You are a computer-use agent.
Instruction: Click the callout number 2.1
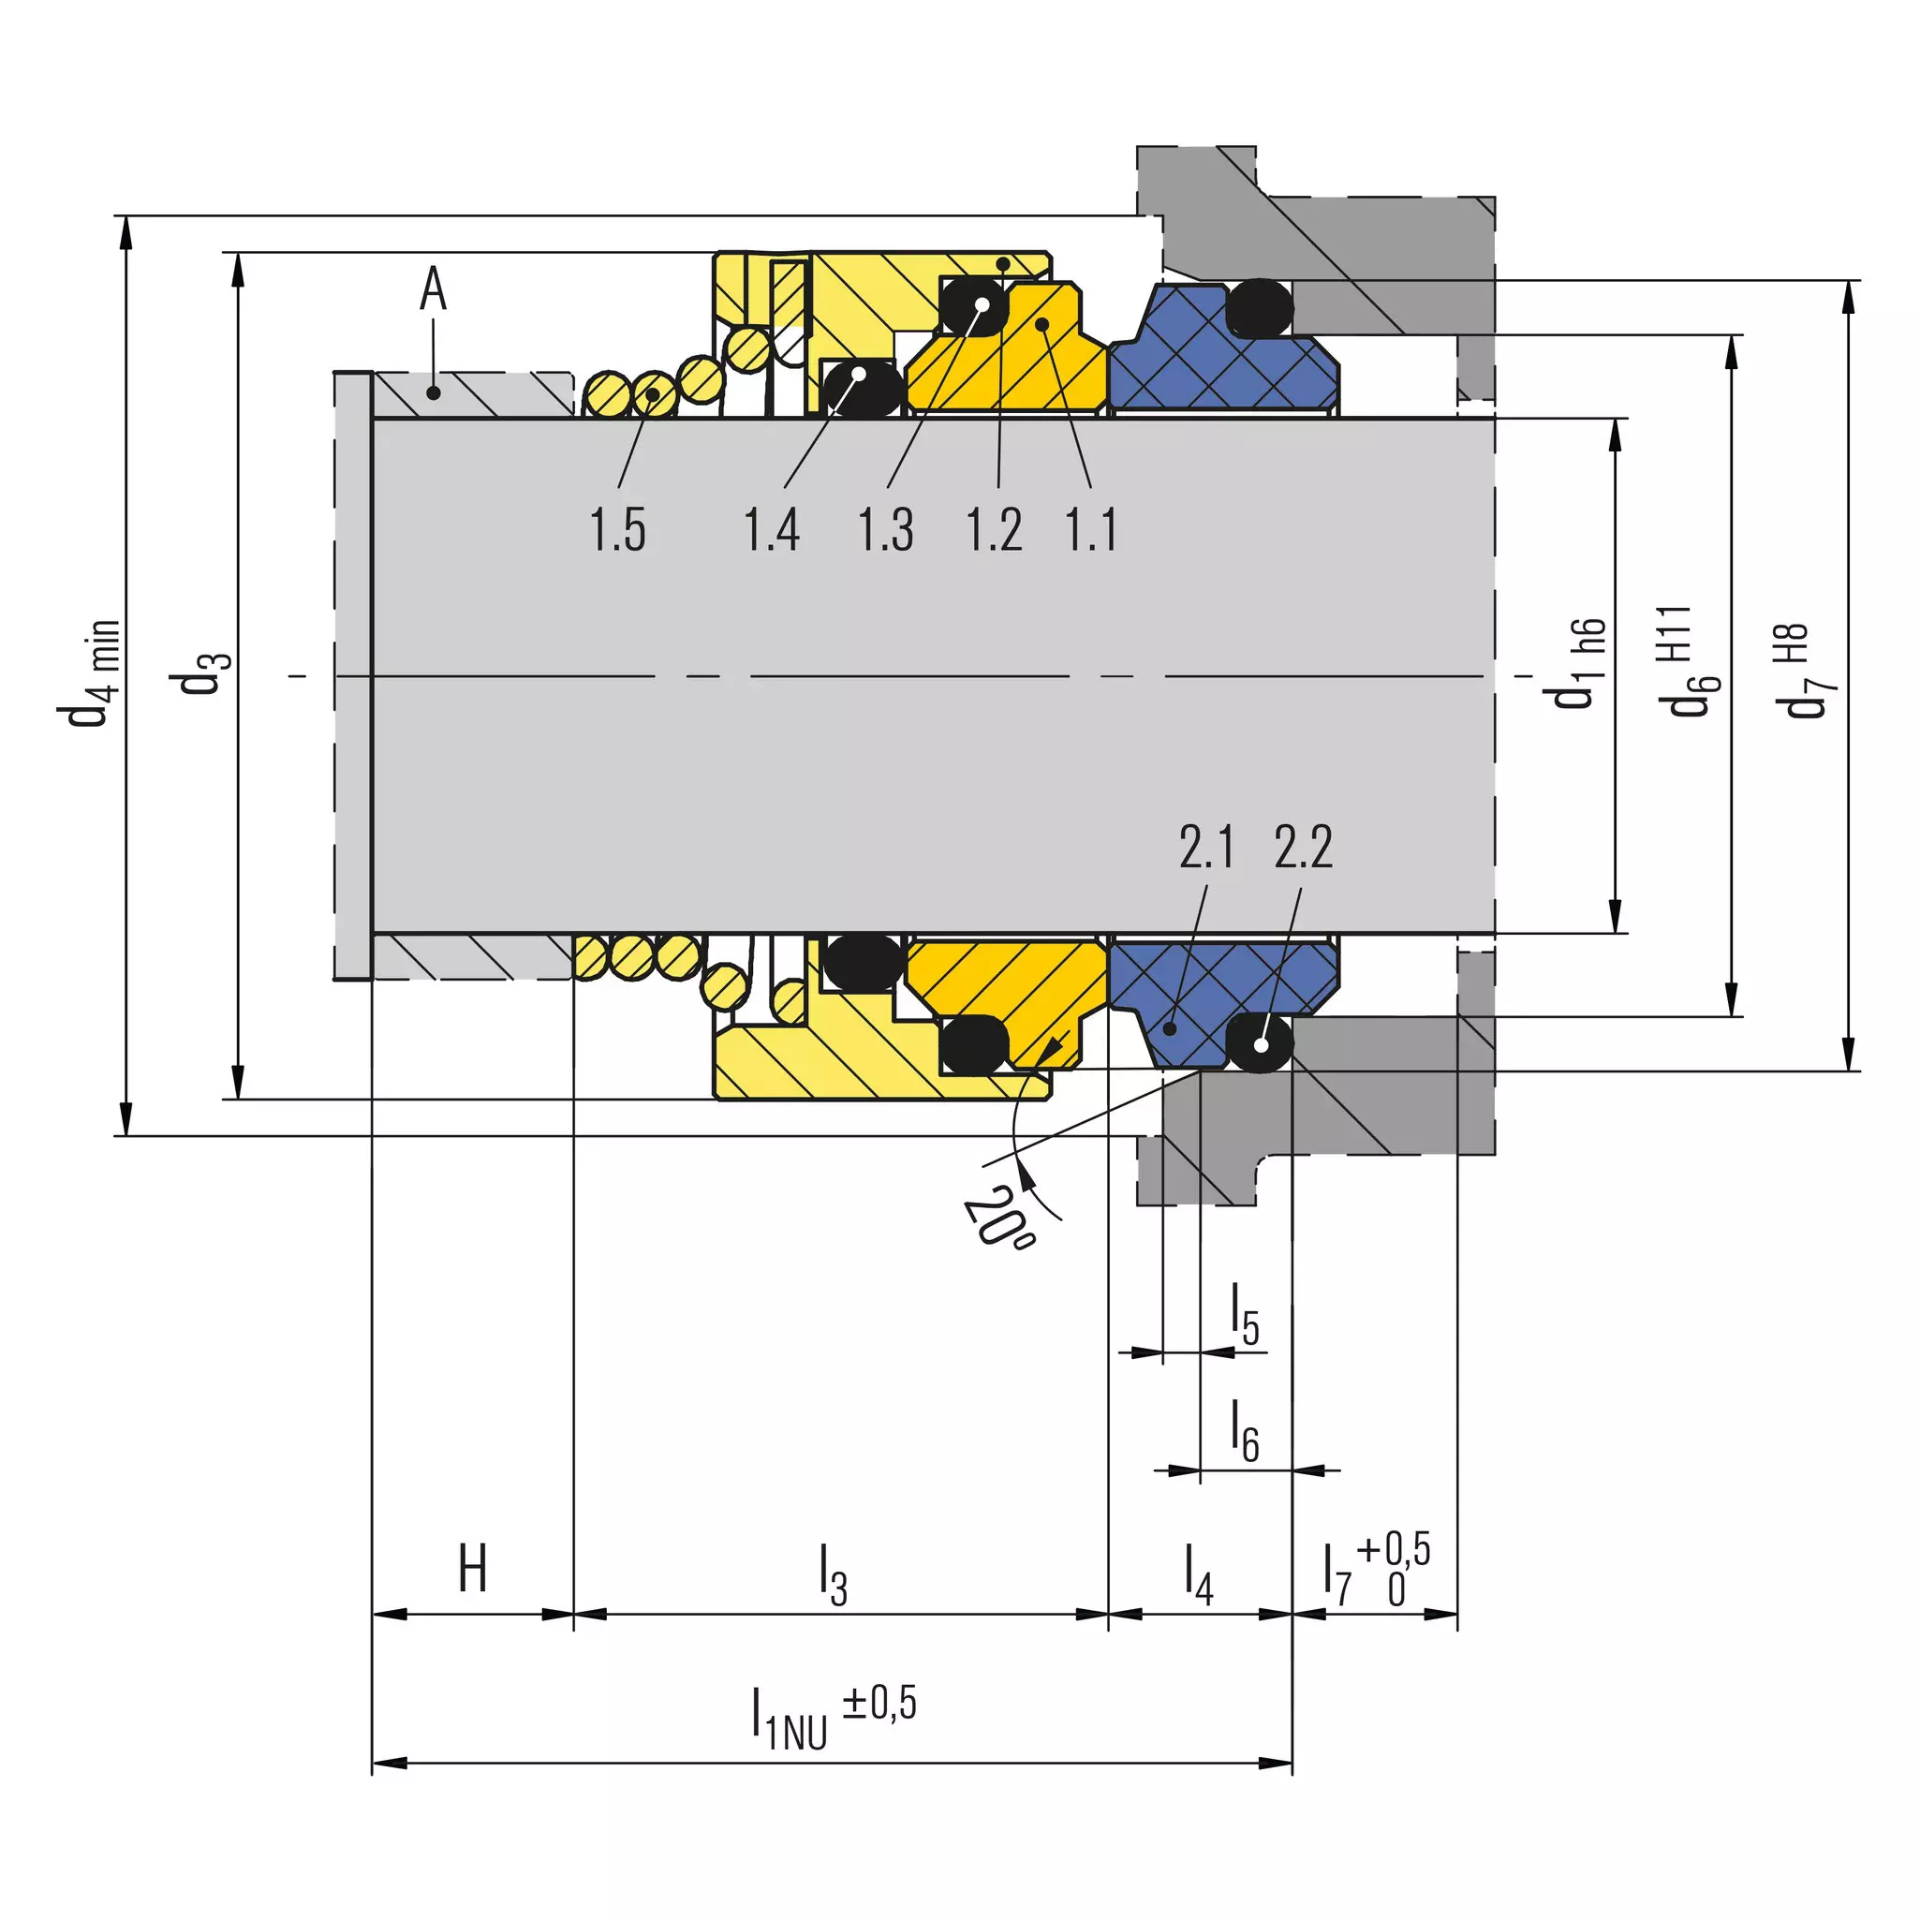(1206, 848)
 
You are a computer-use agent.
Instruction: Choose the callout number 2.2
(1303, 848)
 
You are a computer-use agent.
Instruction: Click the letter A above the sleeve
(434, 289)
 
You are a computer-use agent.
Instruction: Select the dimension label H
(473, 1569)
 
